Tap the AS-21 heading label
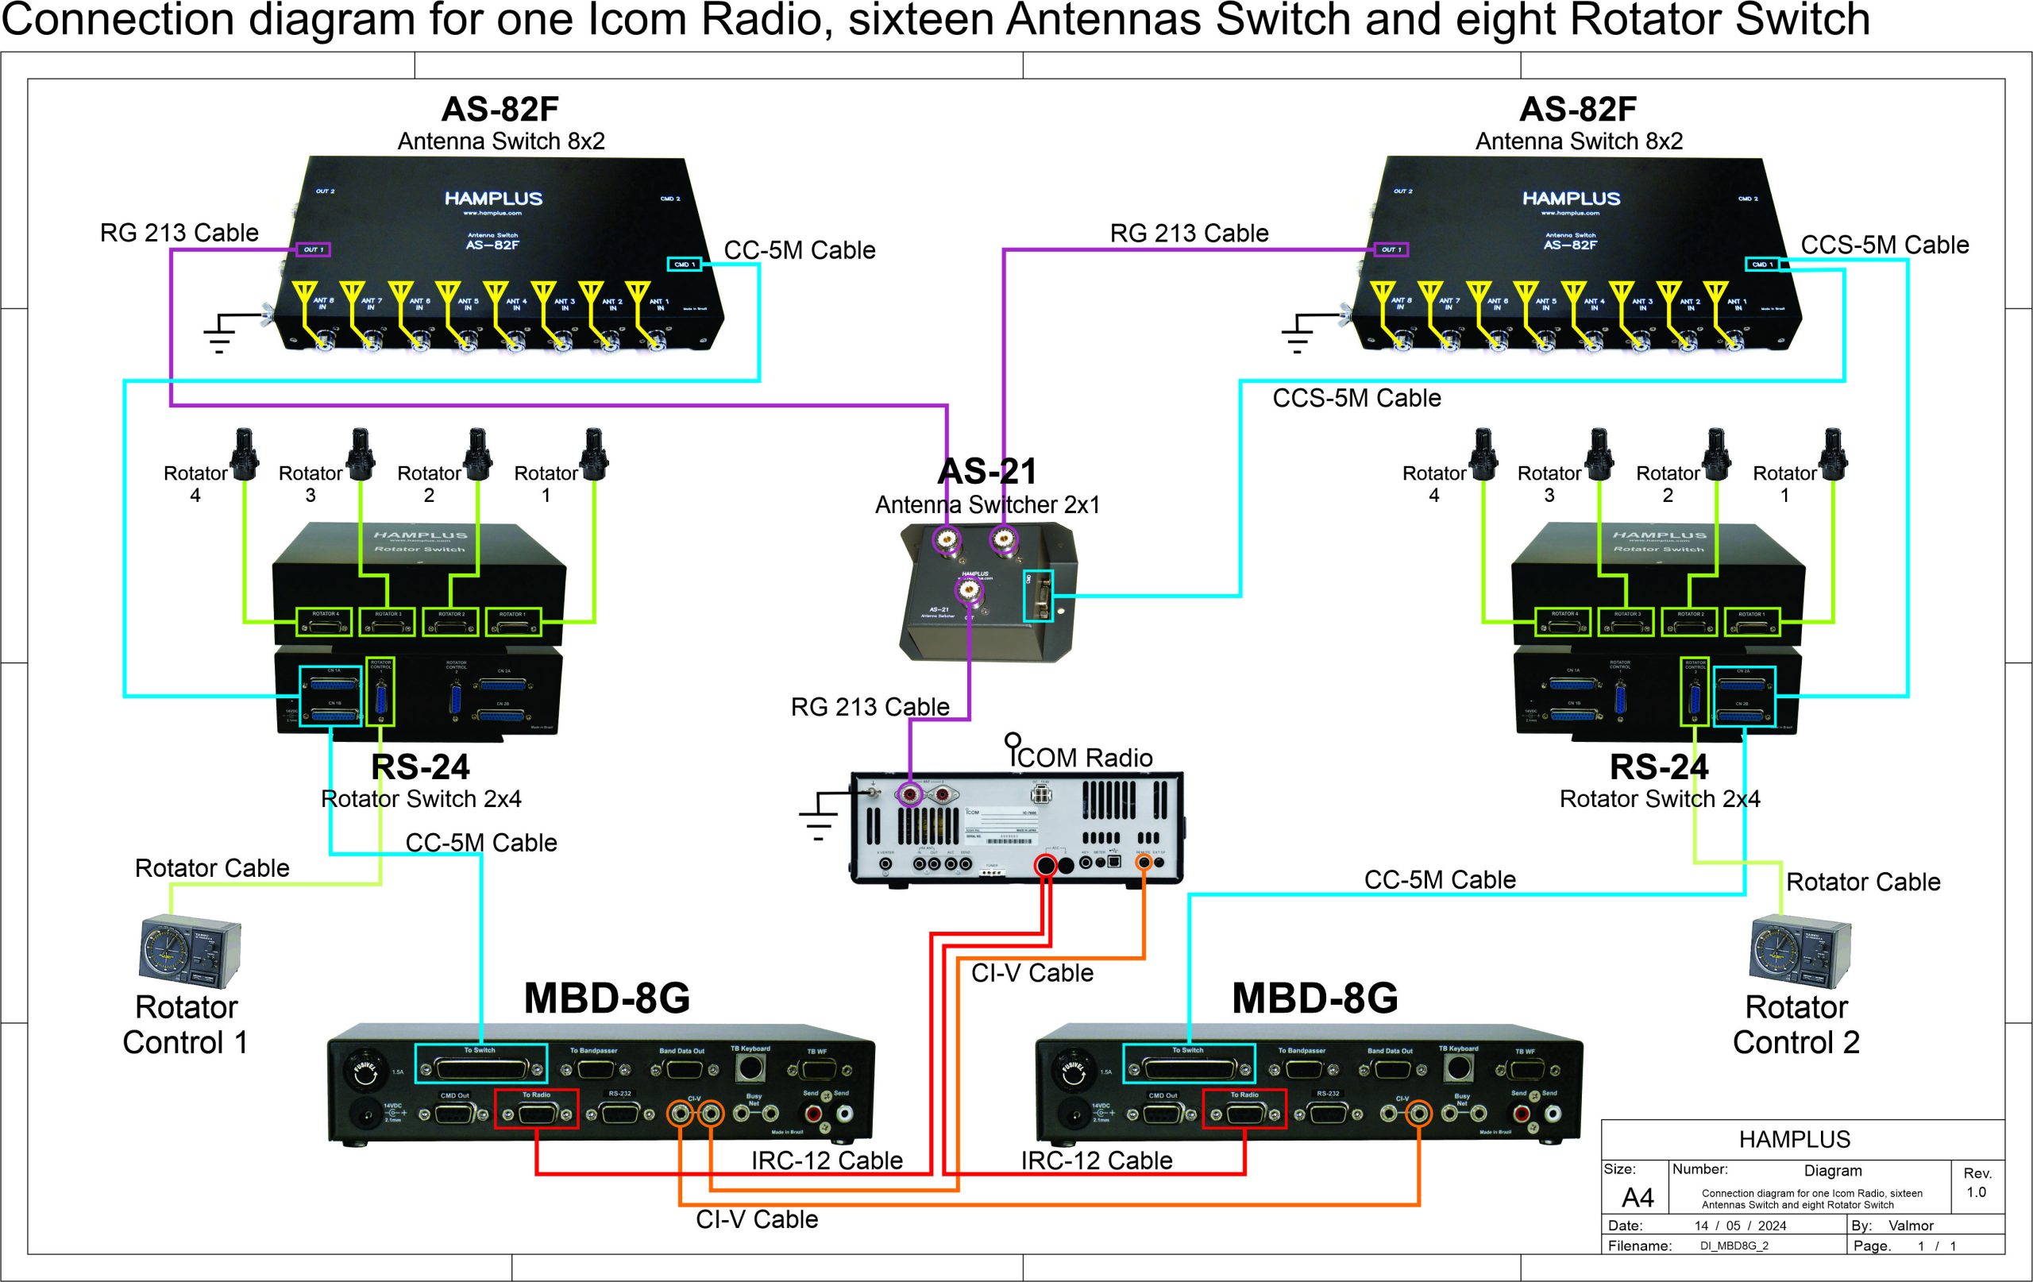[x=987, y=471]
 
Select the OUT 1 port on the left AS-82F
[x=313, y=249]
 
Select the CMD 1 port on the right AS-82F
[x=1761, y=265]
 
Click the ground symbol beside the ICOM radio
[x=818, y=817]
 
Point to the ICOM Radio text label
[x=1084, y=757]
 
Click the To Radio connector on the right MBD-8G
[x=1244, y=1109]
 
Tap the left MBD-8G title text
[x=606, y=998]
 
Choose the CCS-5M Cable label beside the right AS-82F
[x=1884, y=245]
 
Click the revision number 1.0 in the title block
[x=1976, y=1191]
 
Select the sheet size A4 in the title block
[x=1637, y=1198]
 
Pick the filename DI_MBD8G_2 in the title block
[x=1734, y=1245]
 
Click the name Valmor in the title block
[x=1911, y=1226]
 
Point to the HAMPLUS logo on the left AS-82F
[x=493, y=199]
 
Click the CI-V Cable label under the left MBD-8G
[x=757, y=1218]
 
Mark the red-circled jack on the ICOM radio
[x=1046, y=864]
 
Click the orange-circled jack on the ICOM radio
[x=1144, y=863]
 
